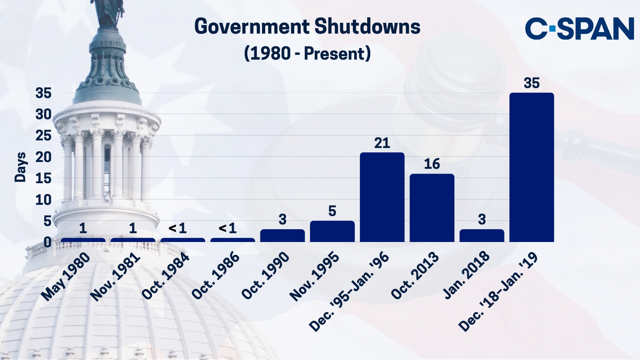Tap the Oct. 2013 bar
tap(432, 208)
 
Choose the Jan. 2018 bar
tap(482, 236)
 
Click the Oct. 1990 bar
tap(282, 236)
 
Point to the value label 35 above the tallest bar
tap(532, 83)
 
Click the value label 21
tap(382, 143)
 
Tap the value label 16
tap(432, 164)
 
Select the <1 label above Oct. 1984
tap(178, 228)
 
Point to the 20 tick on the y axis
tap(44, 157)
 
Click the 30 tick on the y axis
tap(44, 114)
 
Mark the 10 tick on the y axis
tap(44, 200)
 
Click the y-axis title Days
tap(20, 167)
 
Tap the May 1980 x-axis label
tap(66, 277)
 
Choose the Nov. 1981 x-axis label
tap(115, 277)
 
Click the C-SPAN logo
tap(580, 28)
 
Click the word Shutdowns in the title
tap(367, 27)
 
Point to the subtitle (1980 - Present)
tap(307, 53)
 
